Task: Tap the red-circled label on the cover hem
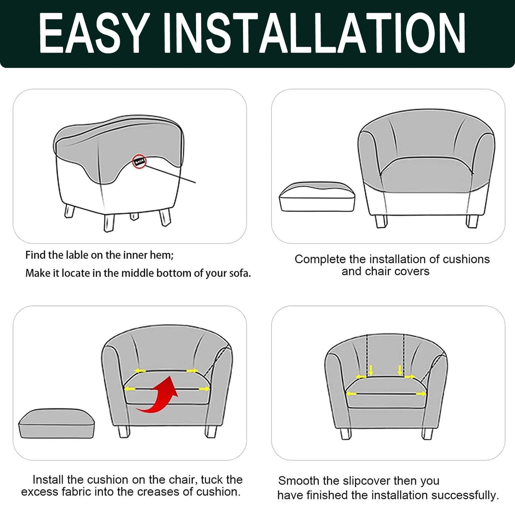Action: pyautogui.click(x=139, y=161)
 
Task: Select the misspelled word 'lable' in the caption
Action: pyautogui.click(x=78, y=255)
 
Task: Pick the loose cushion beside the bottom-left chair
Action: pyautogui.click(x=56, y=424)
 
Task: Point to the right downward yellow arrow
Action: pyautogui.click(x=400, y=370)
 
